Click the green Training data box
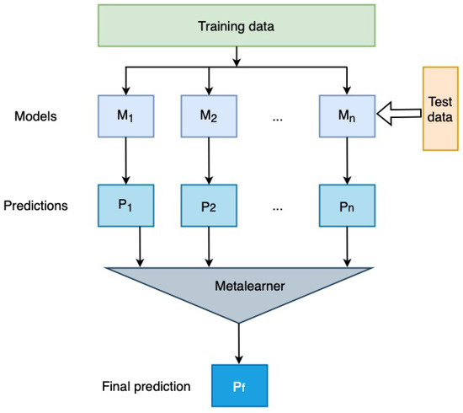pyautogui.click(x=239, y=27)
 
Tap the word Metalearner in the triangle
pyautogui.click(x=240, y=285)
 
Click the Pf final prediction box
pyautogui.click(x=240, y=387)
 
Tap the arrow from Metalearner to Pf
pyautogui.click(x=240, y=344)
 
